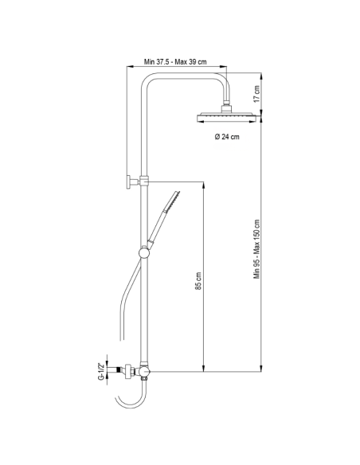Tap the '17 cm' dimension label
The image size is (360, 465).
point(257,93)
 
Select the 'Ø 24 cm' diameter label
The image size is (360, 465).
point(227,137)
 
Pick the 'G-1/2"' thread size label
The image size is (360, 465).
point(101,371)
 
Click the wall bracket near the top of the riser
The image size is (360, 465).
point(131,182)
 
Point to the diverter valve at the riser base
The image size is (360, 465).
point(143,372)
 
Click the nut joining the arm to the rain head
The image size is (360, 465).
point(227,104)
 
